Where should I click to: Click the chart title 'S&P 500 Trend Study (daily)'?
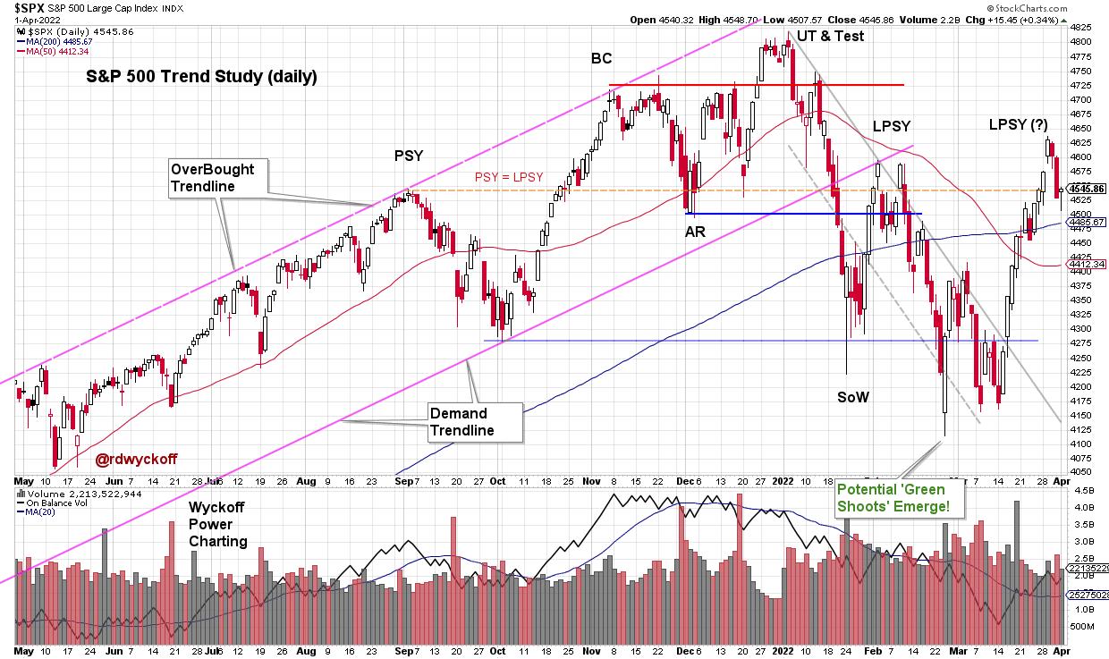201,77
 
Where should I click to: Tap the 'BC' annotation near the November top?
601,59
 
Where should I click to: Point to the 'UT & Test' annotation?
830,37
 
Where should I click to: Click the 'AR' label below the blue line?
695,231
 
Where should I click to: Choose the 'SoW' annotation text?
852,396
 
